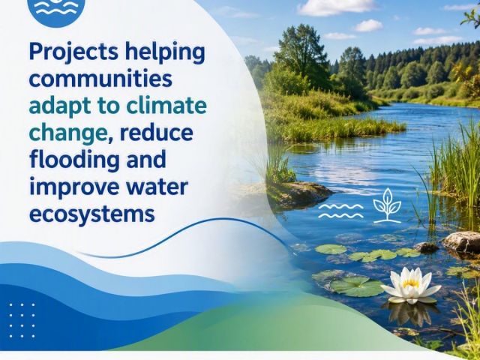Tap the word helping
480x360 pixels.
(x=165, y=53)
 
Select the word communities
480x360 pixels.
(x=100, y=79)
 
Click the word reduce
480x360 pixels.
(x=156, y=133)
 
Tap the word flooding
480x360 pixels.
(x=74, y=160)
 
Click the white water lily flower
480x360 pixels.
(x=411, y=285)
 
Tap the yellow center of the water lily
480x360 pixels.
(x=410, y=283)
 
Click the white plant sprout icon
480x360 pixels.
(x=387, y=205)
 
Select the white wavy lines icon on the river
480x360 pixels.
(x=340, y=211)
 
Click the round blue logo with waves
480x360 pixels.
(x=56, y=10)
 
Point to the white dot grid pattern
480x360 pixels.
(x=22, y=320)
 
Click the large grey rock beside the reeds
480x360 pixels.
(x=462, y=242)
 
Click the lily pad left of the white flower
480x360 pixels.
(x=357, y=286)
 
